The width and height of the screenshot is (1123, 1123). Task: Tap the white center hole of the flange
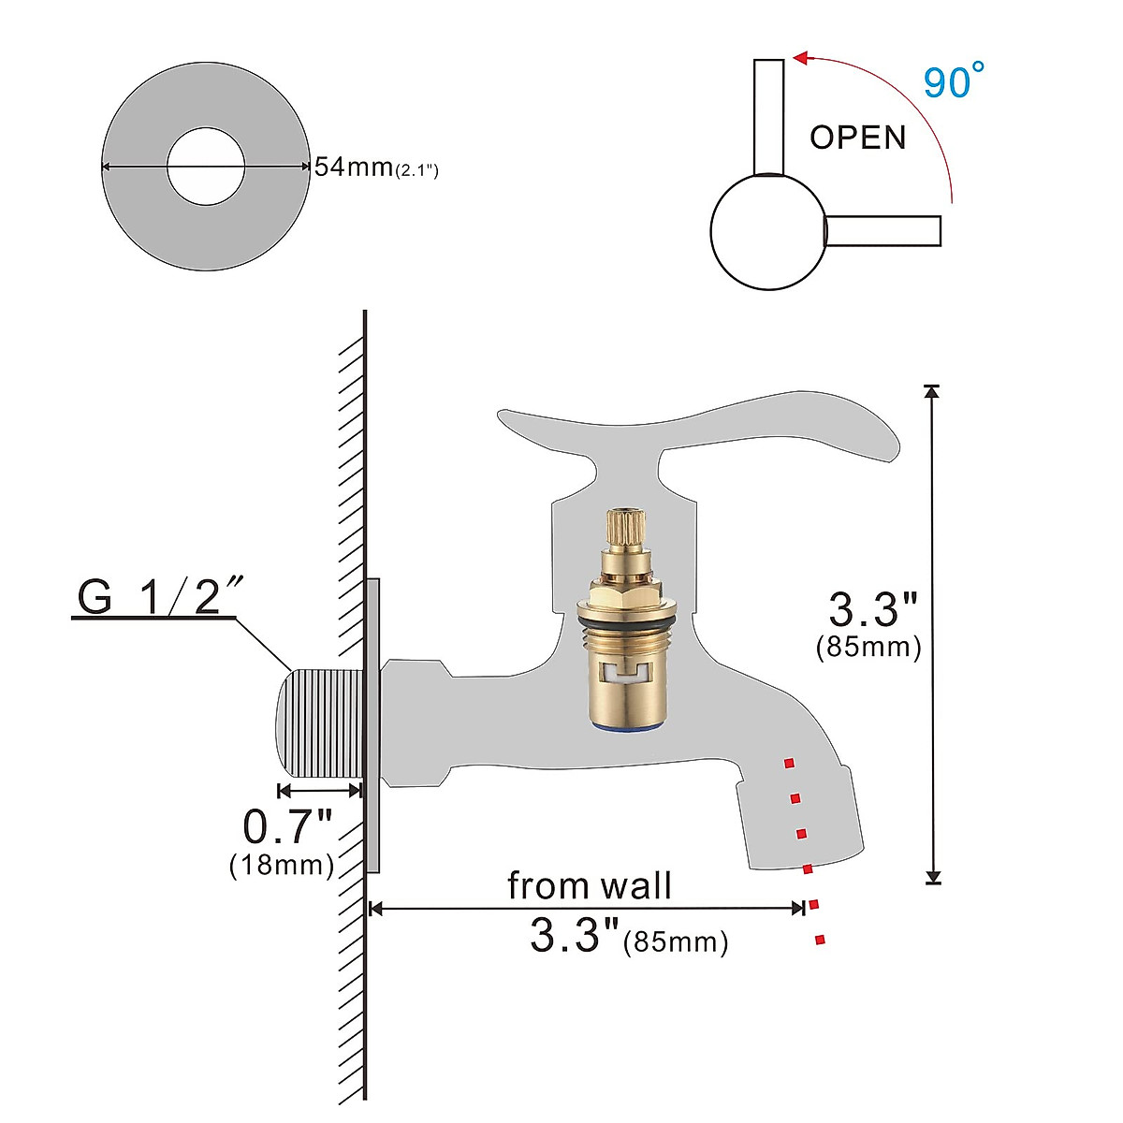coord(206,168)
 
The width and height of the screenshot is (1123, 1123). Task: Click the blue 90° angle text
coord(954,81)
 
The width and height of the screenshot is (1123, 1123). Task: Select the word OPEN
coord(858,138)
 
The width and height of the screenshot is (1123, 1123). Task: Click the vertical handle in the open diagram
coord(768,116)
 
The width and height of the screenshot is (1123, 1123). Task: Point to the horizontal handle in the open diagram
coord(882,230)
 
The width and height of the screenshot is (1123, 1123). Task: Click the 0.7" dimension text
coord(287,826)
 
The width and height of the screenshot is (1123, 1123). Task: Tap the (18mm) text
coord(282,865)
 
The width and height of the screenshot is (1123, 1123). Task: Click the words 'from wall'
coord(590,885)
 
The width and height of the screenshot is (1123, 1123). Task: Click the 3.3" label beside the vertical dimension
coord(874,610)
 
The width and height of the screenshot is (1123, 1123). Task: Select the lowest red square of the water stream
coord(821,940)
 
